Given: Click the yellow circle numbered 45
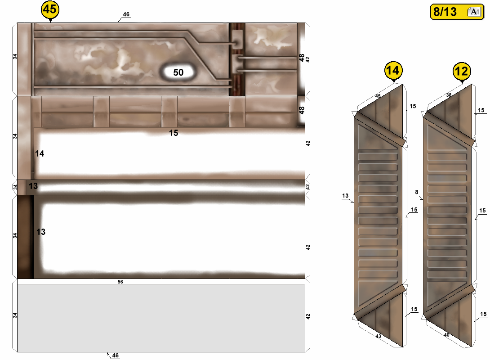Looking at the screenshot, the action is point(50,9).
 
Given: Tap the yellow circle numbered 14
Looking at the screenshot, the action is point(393,70).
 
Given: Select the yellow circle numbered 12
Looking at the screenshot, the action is point(462,71).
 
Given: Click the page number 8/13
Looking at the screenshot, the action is point(445,12).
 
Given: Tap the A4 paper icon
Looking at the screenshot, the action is point(474,12).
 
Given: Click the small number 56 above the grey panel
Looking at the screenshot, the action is point(120,282).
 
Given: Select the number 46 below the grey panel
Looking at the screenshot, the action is point(116,355).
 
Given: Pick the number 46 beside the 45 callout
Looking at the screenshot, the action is point(126,14).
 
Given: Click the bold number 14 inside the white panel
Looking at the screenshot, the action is point(40,153).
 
